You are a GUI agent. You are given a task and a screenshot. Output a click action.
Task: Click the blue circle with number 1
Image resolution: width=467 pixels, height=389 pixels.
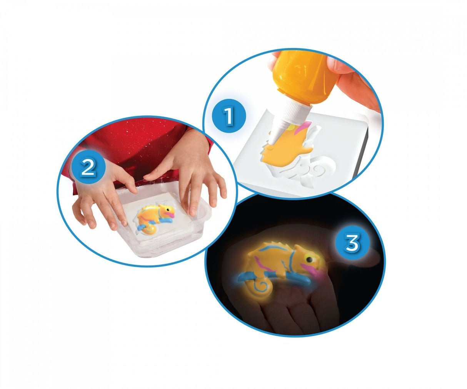click(x=229, y=116)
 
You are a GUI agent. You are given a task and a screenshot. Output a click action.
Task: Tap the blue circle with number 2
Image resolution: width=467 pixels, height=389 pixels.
click(x=88, y=166)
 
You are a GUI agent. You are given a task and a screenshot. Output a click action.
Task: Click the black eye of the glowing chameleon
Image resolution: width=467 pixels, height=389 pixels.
click(x=310, y=259)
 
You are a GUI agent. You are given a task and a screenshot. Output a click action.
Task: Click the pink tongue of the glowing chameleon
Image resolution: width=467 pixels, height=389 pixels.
click(x=309, y=269)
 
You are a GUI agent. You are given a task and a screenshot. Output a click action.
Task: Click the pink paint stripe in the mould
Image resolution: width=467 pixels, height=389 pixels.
click(x=302, y=128)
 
